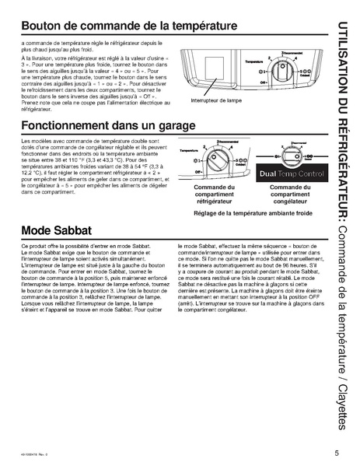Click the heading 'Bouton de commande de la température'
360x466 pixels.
point(130,26)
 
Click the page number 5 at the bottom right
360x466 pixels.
point(337,453)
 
